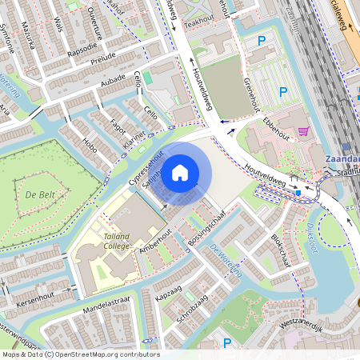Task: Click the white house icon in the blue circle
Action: point(180,172)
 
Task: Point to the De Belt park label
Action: point(38,194)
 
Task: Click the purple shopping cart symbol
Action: point(302,131)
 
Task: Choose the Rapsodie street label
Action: point(82,46)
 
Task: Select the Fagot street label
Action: point(118,126)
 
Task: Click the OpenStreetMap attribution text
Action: point(80,354)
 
